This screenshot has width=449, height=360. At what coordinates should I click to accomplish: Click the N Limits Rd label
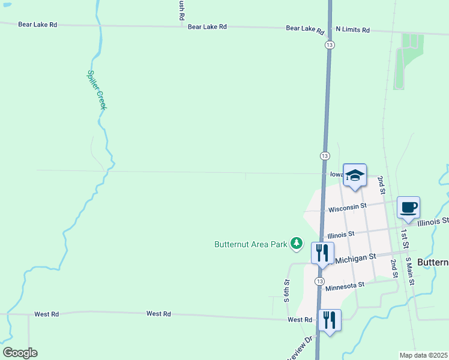click(352, 29)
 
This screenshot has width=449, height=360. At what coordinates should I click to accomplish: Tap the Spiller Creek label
click(97, 90)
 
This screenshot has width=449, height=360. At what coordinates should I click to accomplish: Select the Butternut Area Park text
click(250, 244)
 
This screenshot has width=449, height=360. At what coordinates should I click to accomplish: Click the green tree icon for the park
click(296, 243)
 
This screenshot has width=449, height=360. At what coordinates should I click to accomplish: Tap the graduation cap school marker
click(354, 175)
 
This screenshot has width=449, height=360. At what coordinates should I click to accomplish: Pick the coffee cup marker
click(408, 208)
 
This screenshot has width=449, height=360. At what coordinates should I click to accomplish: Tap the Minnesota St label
click(344, 286)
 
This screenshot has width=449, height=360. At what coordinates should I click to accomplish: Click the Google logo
click(20, 353)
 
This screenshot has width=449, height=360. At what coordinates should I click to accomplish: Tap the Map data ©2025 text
click(423, 355)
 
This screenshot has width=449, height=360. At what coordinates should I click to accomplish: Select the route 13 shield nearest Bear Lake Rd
click(330, 45)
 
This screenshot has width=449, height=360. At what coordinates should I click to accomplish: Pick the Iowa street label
click(336, 174)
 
